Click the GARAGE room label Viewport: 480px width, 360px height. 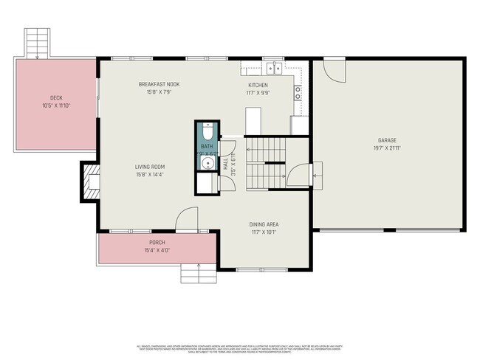[x=388, y=139]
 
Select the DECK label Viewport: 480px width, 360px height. [x=56, y=97]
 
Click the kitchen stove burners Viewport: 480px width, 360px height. [x=298, y=92]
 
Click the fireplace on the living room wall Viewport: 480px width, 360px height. [x=91, y=181]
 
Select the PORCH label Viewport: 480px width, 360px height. [x=157, y=243]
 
